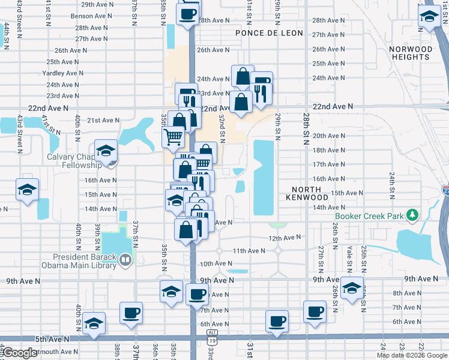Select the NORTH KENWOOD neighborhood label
click(x=307, y=192)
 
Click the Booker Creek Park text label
click(x=369, y=216)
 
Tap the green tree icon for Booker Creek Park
click(x=412, y=214)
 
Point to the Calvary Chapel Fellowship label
click(x=75, y=161)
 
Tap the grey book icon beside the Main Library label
click(x=125, y=260)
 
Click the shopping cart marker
click(x=173, y=137)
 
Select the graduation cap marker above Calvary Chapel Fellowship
click(x=105, y=151)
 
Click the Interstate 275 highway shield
click(x=445, y=191)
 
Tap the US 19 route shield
click(x=212, y=341)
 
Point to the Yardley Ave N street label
click(x=64, y=73)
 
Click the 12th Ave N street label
click(x=284, y=238)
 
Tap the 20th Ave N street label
click(x=328, y=136)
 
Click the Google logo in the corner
click(x=20, y=353)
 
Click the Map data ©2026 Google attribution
click(x=412, y=355)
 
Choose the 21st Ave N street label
click(x=103, y=120)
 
